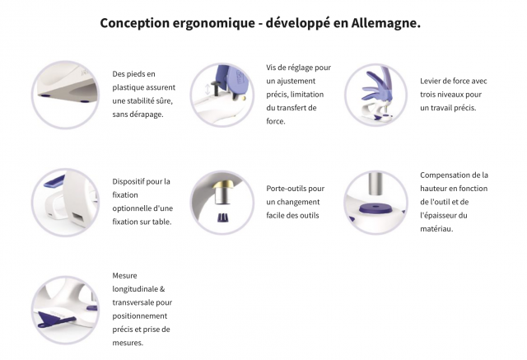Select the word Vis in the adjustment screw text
271,68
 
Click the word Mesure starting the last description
124,276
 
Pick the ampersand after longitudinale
162,289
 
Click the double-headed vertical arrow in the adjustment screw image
208,89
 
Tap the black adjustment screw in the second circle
216,87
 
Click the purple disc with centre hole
375,209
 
